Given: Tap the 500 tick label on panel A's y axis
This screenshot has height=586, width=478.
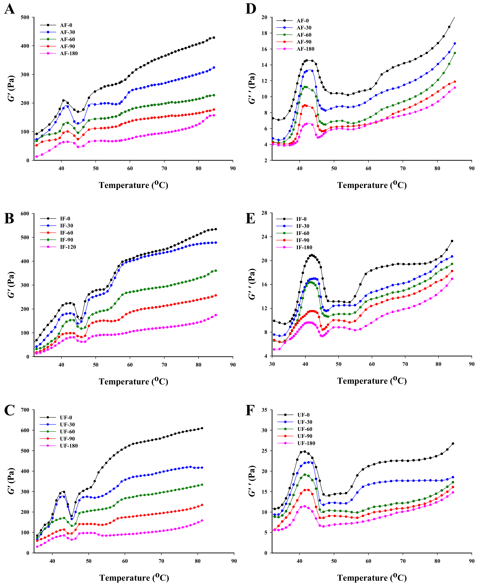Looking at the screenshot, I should coord(25,17).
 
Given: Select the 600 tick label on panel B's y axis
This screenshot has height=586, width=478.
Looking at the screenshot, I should coord(25,214).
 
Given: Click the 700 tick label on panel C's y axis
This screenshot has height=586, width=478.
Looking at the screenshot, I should coord(25,410).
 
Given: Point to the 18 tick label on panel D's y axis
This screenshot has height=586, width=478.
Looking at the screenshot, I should coord(264,33).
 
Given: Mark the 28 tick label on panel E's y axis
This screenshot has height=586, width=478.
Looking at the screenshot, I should coord(264,213).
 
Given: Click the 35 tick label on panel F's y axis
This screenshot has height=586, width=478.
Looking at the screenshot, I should coord(264,410).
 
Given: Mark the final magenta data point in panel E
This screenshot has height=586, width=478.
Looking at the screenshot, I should coord(452,279).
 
